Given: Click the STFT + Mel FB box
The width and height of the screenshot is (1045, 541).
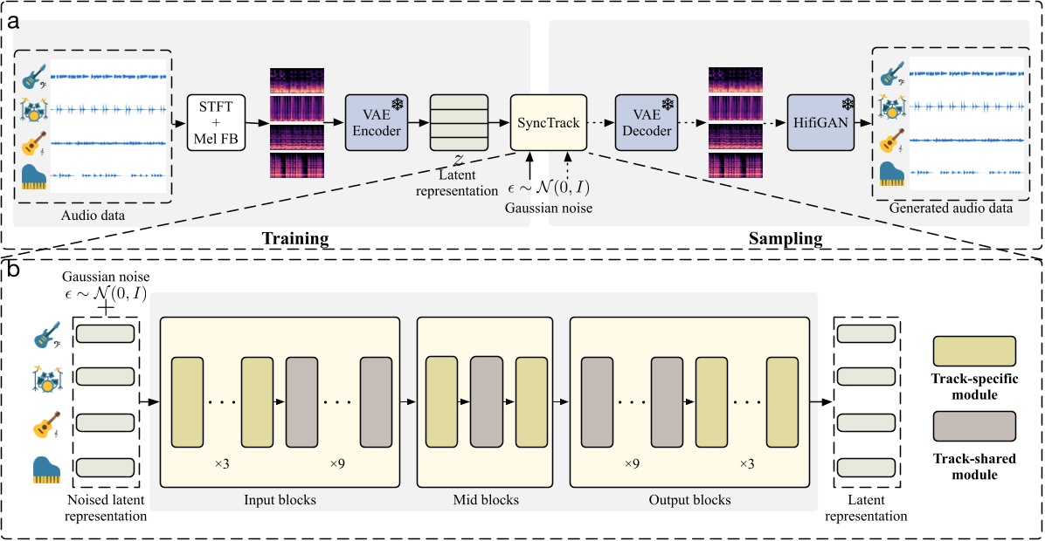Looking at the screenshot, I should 217,125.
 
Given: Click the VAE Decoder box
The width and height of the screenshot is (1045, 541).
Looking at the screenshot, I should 647,125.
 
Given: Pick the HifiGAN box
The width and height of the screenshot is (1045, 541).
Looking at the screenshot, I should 820,125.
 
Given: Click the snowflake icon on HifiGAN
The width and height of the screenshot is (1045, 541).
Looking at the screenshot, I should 846,104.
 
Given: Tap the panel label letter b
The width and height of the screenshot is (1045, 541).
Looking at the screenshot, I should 14,270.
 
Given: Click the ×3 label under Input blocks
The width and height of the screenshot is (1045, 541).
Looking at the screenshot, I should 222,462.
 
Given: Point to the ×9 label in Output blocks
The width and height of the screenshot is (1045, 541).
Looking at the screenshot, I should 631,462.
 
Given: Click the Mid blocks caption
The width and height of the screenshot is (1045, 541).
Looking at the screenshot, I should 486,500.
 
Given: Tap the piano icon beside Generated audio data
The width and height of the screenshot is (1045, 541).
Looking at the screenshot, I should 890,172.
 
